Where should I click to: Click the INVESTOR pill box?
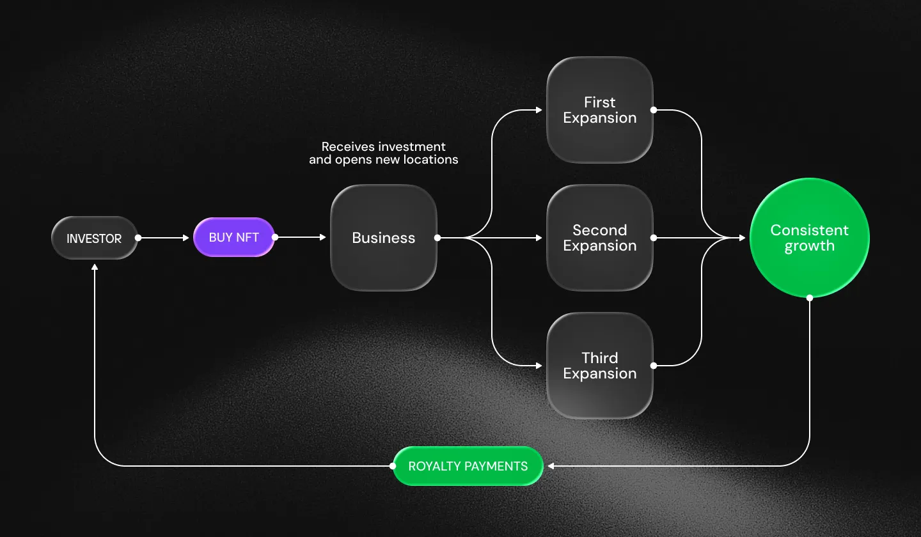pos(95,238)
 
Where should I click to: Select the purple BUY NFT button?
pos(234,237)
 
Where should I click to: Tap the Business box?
pos(384,238)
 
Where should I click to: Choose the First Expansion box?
pos(600,110)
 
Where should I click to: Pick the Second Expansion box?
pos(600,238)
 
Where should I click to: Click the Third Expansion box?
pos(600,366)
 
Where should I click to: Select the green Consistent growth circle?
pos(810,238)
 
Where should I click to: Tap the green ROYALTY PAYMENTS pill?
pos(468,466)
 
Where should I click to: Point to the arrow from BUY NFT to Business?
pos(301,238)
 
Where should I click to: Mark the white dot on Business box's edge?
pos(437,238)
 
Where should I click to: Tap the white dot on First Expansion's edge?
pos(654,110)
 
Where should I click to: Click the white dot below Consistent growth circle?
pos(810,297)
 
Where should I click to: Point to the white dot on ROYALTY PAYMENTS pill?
pos(393,466)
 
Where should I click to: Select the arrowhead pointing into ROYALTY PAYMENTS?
pos(550,466)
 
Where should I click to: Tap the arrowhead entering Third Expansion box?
pos(539,366)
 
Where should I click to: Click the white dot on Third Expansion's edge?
pos(654,366)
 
